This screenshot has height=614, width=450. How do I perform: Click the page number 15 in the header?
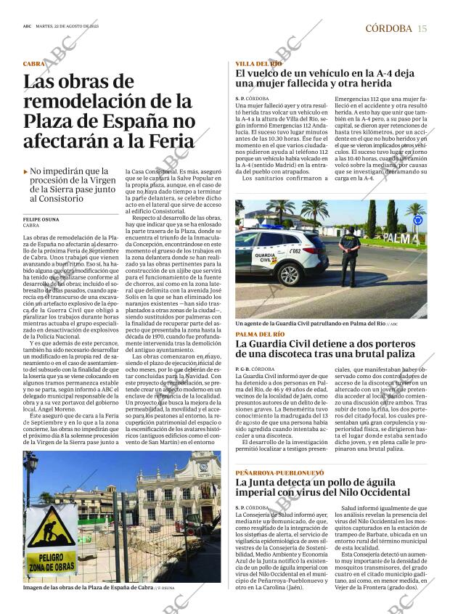point(422,28)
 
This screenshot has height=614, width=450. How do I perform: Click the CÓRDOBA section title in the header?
point(388,28)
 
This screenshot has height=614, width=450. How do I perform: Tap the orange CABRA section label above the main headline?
point(33,64)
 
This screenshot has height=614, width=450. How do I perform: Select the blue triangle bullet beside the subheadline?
point(26,172)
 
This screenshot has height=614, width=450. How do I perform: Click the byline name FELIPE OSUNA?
point(41,219)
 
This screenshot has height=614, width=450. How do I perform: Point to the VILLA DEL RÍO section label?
point(258,64)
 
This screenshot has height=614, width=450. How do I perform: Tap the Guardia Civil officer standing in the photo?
point(351,257)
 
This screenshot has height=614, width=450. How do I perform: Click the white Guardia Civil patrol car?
point(283,256)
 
